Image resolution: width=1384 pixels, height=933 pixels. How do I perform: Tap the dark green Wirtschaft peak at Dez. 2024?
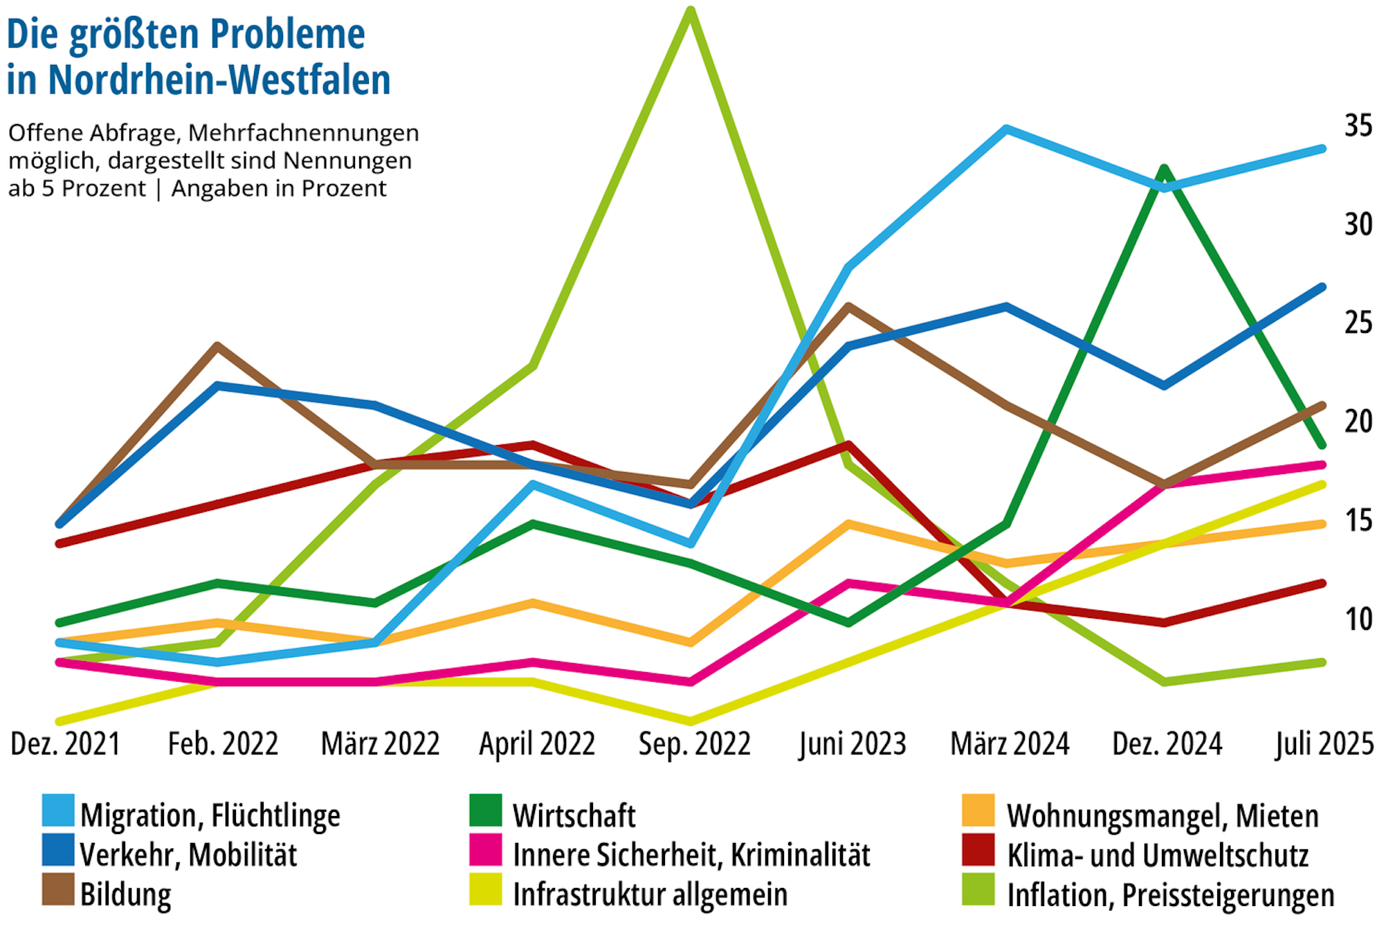click(1165, 168)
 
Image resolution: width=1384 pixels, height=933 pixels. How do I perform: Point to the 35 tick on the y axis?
click(1358, 126)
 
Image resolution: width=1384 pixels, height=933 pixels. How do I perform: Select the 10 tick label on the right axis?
click(1358, 619)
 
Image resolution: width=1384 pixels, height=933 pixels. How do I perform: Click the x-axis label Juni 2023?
click(852, 744)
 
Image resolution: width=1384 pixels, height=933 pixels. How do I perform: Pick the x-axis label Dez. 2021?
click(66, 744)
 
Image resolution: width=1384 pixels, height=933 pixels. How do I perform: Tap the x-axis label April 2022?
click(537, 744)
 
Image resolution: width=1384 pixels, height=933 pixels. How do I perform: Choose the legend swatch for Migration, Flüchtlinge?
click(58, 810)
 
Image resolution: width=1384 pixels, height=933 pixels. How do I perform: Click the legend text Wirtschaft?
click(574, 816)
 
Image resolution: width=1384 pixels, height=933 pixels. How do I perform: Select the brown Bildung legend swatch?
click(58, 889)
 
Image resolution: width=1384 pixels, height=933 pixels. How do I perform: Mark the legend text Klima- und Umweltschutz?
click(1158, 855)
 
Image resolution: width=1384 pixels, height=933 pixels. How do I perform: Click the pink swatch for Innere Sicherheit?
click(485, 850)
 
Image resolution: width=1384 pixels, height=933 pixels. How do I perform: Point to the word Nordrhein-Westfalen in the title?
click(219, 80)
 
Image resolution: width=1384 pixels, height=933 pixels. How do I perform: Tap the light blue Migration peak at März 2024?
click(1006, 129)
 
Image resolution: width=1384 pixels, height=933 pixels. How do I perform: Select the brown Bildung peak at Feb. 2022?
click(217, 345)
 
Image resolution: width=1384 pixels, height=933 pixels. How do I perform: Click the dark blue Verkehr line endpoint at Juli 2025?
click(1322, 287)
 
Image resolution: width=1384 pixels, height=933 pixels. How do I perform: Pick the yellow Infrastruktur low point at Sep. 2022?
click(690, 721)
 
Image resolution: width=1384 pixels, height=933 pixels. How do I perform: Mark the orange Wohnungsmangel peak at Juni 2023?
click(848, 524)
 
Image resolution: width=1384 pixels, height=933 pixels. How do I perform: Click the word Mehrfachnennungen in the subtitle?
click(303, 132)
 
